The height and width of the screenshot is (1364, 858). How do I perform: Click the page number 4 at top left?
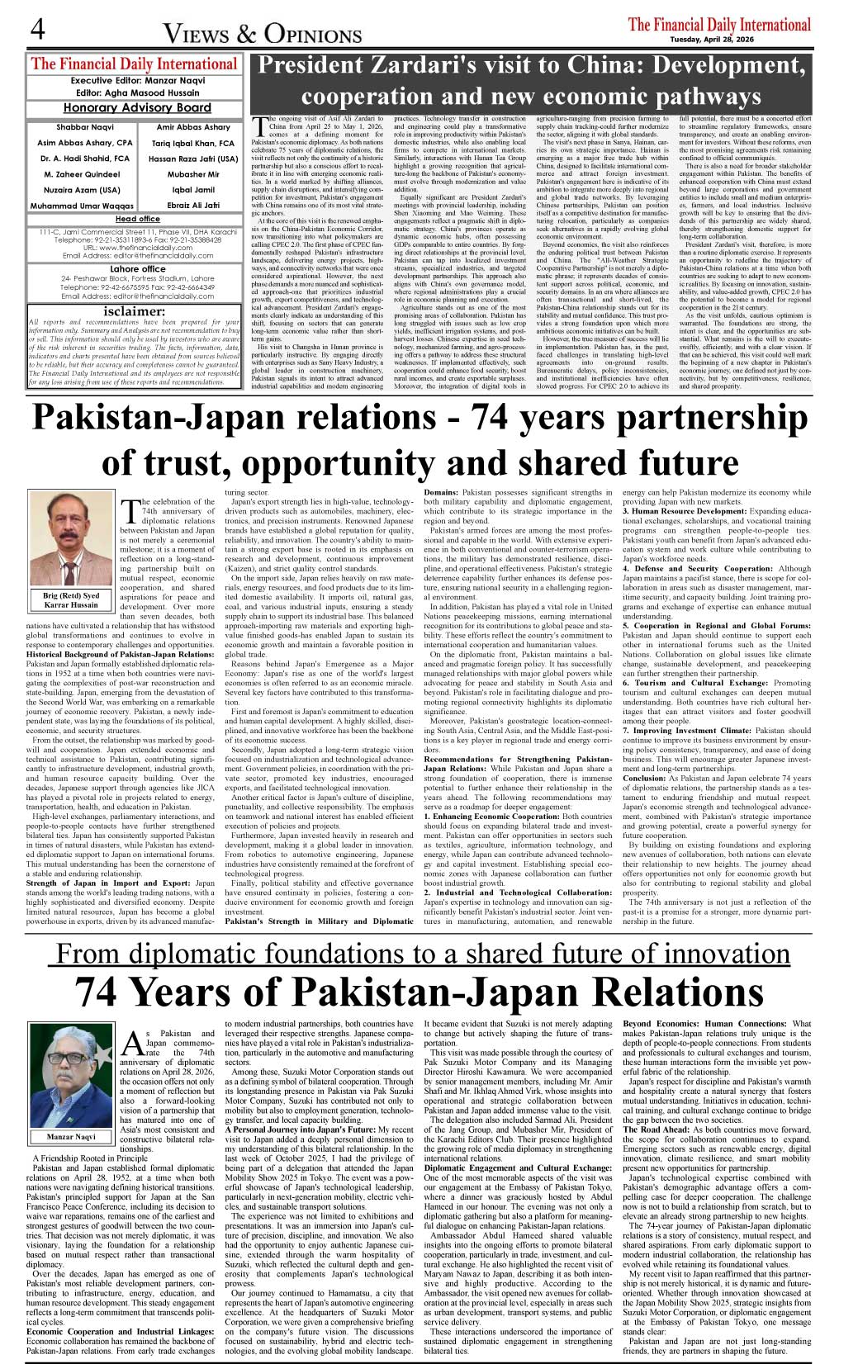tap(36, 31)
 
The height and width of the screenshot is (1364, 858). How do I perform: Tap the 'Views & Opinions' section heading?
tap(263, 34)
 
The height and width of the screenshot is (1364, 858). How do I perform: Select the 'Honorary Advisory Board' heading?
tap(137, 107)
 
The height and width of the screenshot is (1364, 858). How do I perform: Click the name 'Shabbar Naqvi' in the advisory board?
tap(73, 127)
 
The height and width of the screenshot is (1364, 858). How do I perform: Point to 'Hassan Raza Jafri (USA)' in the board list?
tap(193, 159)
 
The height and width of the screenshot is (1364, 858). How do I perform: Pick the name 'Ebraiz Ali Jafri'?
tap(193, 206)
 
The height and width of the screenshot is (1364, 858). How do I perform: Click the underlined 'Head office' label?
tap(137, 219)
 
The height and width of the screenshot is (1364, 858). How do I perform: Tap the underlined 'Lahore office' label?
tap(137, 268)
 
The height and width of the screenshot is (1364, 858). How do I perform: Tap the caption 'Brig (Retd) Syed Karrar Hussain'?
tap(71, 599)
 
